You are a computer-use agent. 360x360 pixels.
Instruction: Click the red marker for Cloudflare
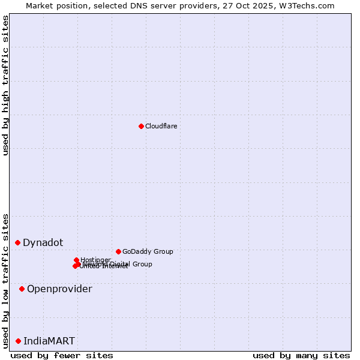point(141,126)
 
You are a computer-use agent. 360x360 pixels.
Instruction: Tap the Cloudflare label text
point(161,126)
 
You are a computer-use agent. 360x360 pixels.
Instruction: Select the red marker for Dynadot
point(18,242)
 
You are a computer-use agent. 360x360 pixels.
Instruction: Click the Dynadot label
point(43,242)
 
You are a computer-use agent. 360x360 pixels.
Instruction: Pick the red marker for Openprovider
point(22,289)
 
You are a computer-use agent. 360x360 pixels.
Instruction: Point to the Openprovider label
point(59,289)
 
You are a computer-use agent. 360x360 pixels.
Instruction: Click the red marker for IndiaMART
point(19,341)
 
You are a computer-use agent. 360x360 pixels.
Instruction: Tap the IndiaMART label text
point(49,341)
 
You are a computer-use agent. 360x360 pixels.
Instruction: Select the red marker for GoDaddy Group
point(118,251)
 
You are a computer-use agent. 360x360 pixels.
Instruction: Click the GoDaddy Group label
point(148,251)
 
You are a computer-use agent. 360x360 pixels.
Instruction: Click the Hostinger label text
point(95,260)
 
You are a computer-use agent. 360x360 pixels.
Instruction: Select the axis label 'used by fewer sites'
point(62,355)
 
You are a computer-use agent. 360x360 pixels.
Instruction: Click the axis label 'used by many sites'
point(301,355)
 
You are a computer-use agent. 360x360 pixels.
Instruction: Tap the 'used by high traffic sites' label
point(5,85)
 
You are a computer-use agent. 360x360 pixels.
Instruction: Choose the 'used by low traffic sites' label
point(5,280)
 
